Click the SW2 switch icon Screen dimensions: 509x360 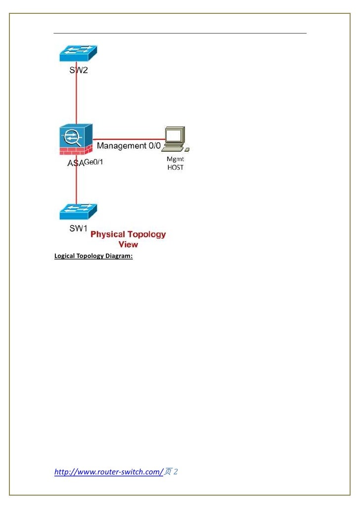(x=78, y=53)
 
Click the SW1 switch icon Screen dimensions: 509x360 (x=78, y=212)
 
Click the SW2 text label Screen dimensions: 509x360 (x=78, y=71)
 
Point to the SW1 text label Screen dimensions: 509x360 (x=78, y=229)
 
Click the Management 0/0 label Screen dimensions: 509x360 (x=129, y=146)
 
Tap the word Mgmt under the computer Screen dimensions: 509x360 (x=175, y=160)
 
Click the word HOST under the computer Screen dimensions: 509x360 (x=175, y=168)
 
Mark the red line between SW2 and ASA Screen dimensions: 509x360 (x=76, y=99)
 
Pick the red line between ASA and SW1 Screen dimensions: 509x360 (x=76, y=185)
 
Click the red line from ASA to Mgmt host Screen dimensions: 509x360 (x=129, y=139)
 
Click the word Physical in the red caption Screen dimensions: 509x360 (x=108, y=234)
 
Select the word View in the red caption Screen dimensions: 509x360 (x=128, y=244)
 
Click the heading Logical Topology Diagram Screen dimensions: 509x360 (x=93, y=256)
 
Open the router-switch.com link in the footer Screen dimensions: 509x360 (x=108, y=472)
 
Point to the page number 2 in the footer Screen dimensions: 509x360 (x=176, y=472)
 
